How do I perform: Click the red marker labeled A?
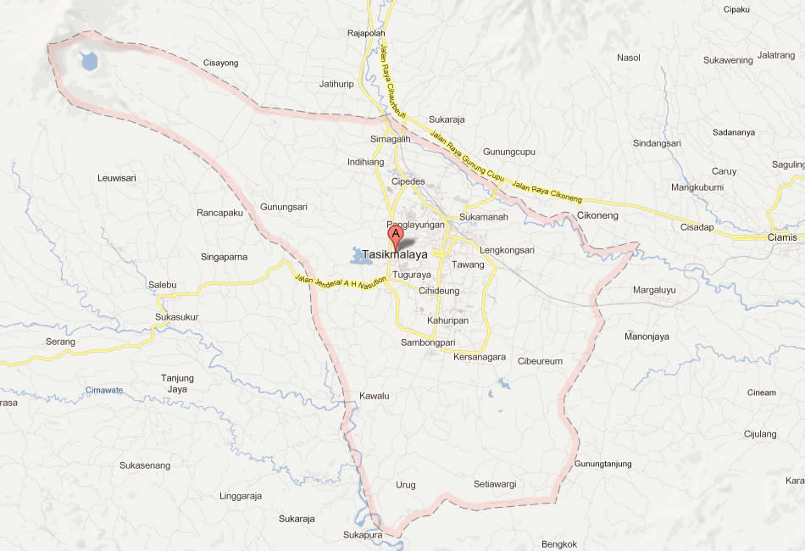395,235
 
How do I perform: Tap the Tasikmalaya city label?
395,254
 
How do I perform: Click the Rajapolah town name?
366,34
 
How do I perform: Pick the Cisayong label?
221,63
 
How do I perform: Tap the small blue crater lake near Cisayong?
87,61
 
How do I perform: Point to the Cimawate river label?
104,390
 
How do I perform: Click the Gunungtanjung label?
603,464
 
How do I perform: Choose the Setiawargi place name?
495,485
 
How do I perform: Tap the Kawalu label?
374,396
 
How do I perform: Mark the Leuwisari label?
117,178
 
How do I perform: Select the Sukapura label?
363,535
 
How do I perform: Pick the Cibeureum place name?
540,361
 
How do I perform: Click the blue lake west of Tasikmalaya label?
360,256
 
